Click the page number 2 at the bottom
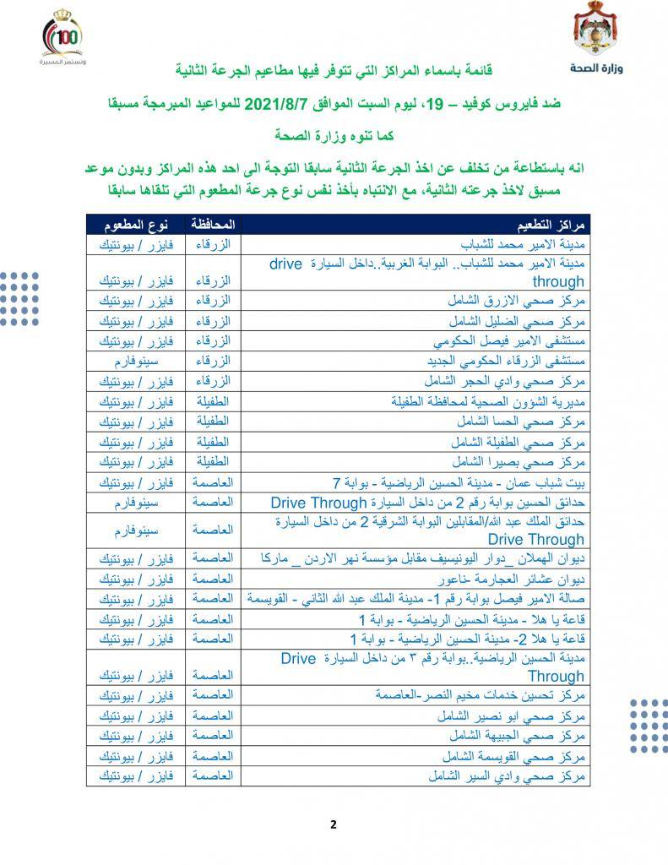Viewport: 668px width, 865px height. coord(334,824)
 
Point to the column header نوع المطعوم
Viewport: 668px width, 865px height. coord(136,226)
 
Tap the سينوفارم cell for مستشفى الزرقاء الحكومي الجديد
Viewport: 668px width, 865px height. coord(136,361)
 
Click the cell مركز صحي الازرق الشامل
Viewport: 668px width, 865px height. coord(524,302)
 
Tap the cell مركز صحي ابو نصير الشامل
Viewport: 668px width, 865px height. coord(515,715)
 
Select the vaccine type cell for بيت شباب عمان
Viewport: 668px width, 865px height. coord(136,482)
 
